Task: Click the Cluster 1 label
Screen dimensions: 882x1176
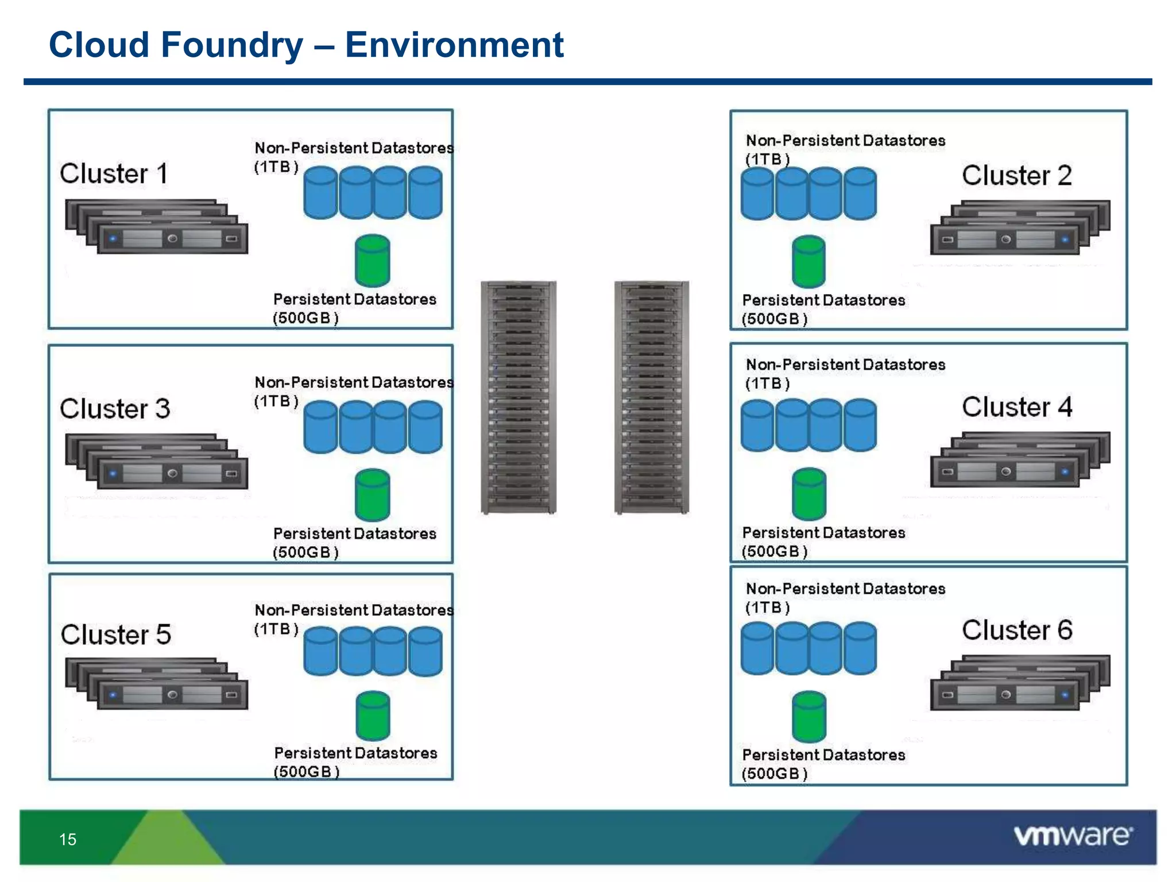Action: point(114,173)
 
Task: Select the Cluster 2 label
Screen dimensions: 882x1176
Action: point(1016,175)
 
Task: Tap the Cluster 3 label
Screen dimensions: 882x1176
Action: point(115,408)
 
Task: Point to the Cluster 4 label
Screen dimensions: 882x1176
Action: point(1017,407)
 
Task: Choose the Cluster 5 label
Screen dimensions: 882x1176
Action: point(116,635)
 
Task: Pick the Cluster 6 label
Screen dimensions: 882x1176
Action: point(1017,630)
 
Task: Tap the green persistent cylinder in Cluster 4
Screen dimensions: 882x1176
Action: point(808,494)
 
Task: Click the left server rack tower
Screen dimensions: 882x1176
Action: point(518,397)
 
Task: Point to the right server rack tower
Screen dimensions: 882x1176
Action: point(651,397)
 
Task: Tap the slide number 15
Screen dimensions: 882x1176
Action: point(68,840)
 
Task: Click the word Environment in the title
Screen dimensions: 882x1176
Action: point(454,45)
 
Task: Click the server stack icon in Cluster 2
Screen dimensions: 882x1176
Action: point(1020,227)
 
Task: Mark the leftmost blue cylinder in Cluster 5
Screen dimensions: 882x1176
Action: point(320,651)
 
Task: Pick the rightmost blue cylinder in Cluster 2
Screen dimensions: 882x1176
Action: point(860,194)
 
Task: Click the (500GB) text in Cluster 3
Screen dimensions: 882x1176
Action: point(305,552)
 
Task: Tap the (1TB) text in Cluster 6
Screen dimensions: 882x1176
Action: point(767,608)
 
